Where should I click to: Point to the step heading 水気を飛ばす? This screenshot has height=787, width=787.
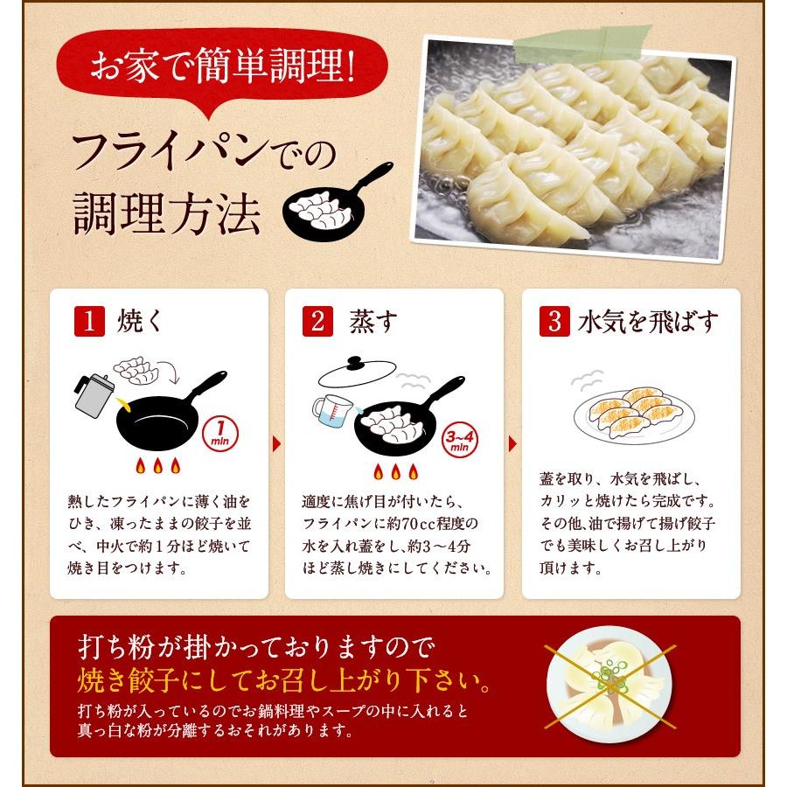coord(648,322)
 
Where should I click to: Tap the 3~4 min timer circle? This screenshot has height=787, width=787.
coord(459,437)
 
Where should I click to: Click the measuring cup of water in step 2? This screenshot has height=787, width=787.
coord(331,412)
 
